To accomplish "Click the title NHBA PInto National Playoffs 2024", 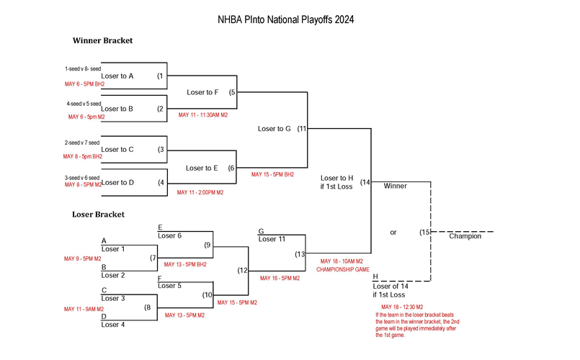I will tap(285, 19).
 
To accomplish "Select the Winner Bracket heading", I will tap(102, 40).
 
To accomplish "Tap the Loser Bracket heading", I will tap(98, 214).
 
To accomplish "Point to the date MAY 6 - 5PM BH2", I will tap(84, 84).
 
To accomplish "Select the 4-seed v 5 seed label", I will tap(84, 104).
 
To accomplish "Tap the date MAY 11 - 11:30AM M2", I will tap(203, 114).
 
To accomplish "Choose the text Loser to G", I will tap(274, 129).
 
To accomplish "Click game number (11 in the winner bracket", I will tap(302, 129).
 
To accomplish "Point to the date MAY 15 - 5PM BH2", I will tap(272, 174).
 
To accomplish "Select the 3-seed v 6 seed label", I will tap(83, 177).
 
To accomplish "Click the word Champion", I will tap(465, 236).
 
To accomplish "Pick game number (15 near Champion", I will tap(424, 232).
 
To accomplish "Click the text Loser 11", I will tap(272, 239).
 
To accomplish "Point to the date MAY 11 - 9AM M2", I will tap(84, 309).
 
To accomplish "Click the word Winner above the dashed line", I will tap(395, 186).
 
